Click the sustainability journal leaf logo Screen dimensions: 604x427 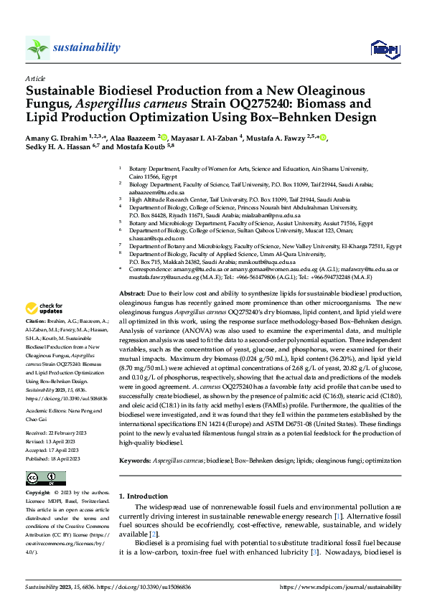pyautogui.click(x=38, y=48)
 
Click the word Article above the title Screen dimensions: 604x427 pyautogui.click(x=35, y=78)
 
